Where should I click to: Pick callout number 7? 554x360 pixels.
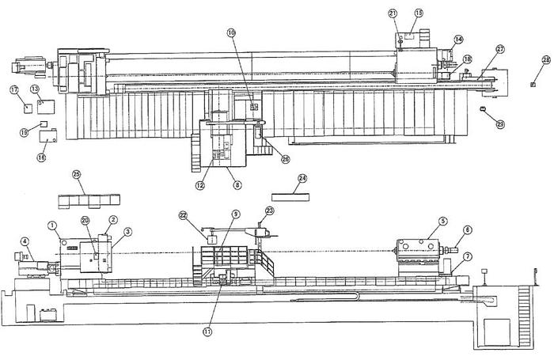[x=468, y=257]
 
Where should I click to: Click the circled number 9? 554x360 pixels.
[x=235, y=214]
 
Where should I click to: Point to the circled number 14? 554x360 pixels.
[x=458, y=39]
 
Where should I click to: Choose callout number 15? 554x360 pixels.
[x=419, y=13]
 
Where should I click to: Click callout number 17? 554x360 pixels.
[x=14, y=90]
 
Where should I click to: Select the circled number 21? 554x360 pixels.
[x=393, y=13]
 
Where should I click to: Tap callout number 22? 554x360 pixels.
[x=183, y=215]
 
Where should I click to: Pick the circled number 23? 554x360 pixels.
[x=269, y=210]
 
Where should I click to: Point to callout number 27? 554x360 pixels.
[x=500, y=49]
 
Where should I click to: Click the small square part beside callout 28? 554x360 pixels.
[x=533, y=85]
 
